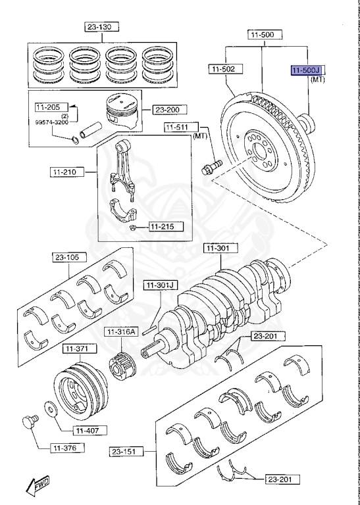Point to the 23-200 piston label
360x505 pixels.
[170, 110]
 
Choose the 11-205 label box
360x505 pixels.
[47, 107]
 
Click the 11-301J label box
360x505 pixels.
[161, 285]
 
